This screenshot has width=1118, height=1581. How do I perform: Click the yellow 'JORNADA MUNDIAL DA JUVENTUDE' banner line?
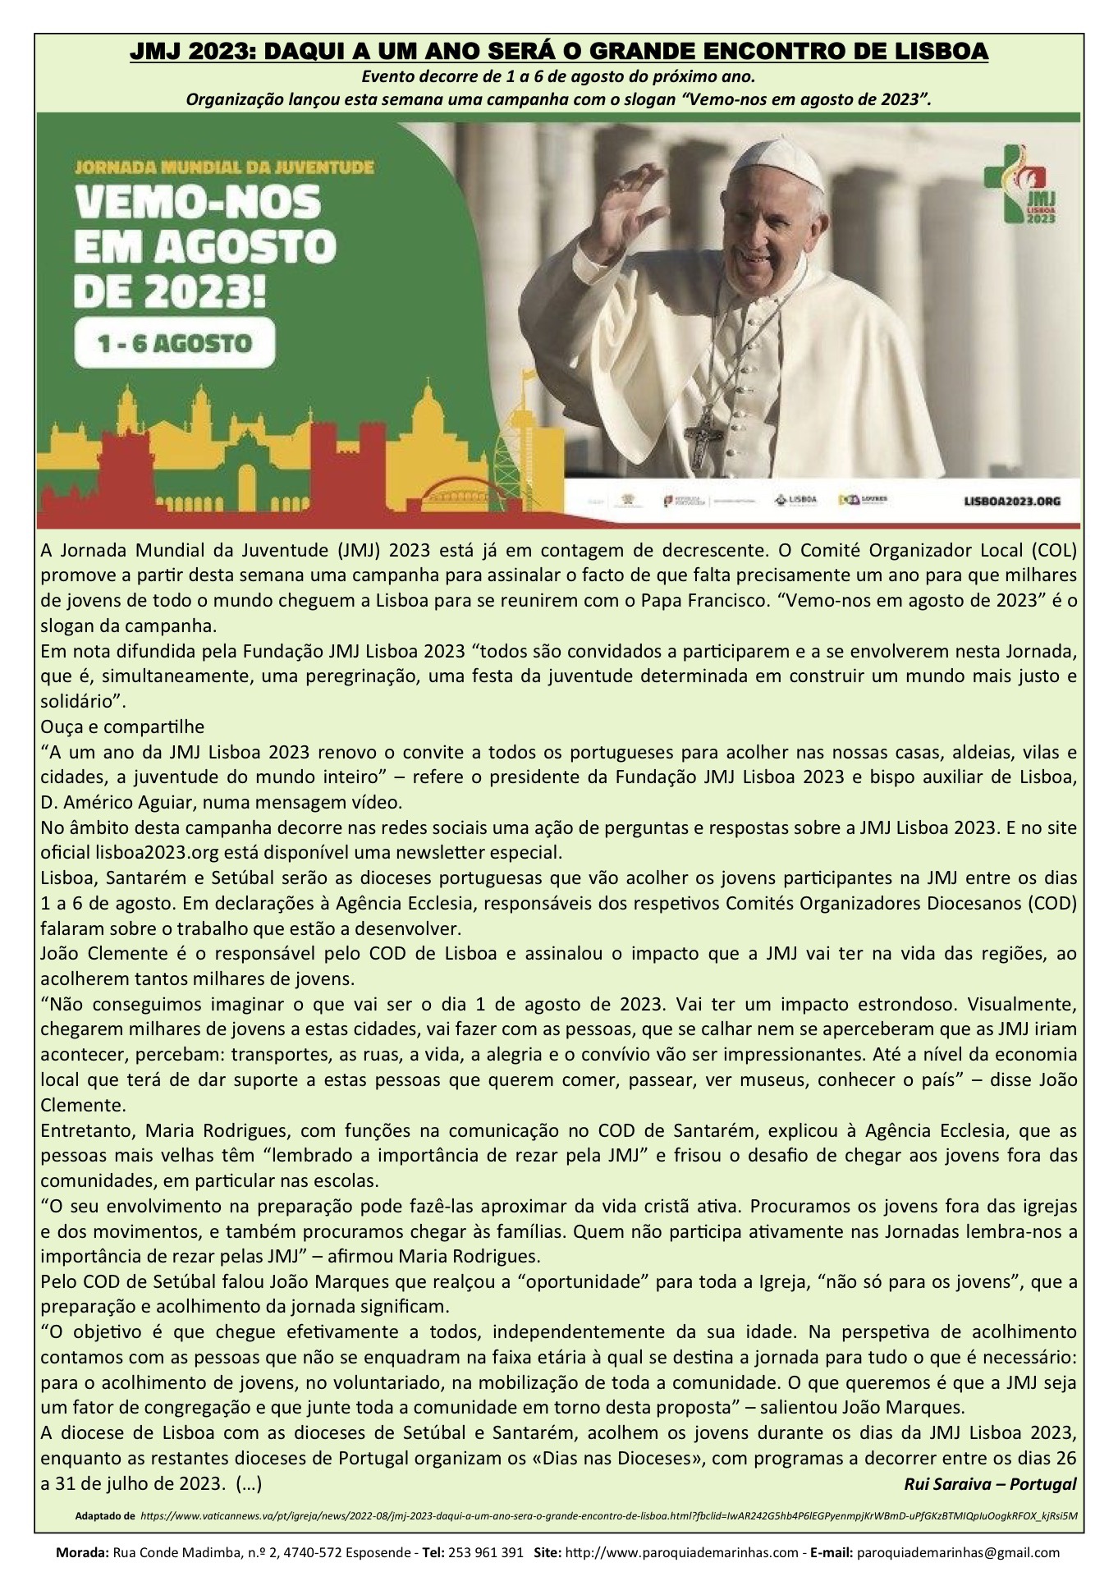(x=224, y=167)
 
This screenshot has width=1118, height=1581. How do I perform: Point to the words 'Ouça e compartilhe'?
(x=122, y=727)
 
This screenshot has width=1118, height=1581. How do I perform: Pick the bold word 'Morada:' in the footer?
(x=80, y=1553)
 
